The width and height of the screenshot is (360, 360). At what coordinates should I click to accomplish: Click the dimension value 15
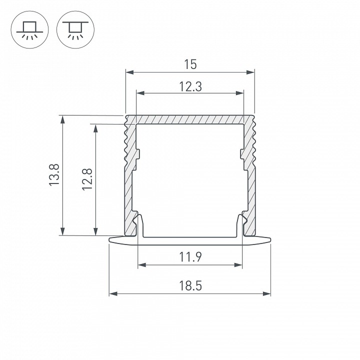190,64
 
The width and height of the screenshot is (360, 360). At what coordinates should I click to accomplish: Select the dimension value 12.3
190,86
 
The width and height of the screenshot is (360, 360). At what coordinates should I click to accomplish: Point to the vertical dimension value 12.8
88,178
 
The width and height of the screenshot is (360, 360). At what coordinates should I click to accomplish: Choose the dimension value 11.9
190,257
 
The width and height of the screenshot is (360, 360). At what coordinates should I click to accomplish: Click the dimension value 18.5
190,286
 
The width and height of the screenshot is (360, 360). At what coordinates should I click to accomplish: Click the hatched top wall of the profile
190,119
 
